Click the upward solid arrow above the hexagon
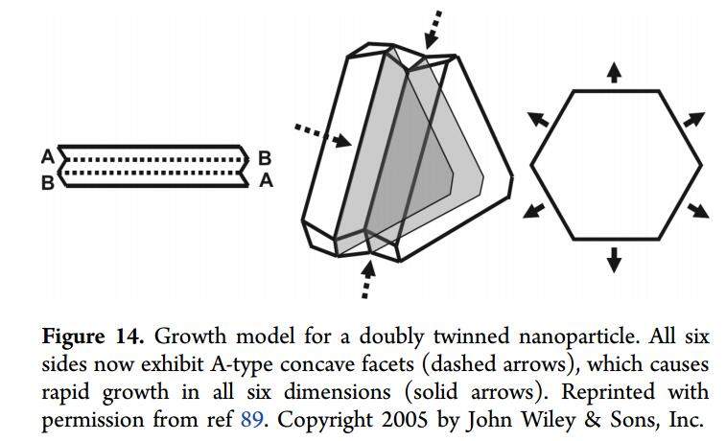coord(614,72)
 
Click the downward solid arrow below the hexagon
coord(614,257)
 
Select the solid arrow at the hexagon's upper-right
coord(692,121)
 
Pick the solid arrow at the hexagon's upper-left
coord(538,119)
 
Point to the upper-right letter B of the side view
coord(266,156)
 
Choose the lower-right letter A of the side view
coord(266,180)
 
